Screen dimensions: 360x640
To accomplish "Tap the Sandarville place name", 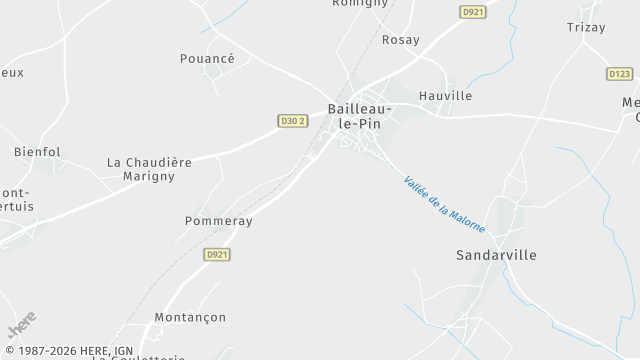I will click(x=496, y=255).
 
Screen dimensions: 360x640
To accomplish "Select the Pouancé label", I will click(x=207, y=59).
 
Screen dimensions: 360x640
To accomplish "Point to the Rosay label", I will click(x=401, y=40).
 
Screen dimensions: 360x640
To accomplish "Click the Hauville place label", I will click(x=445, y=96).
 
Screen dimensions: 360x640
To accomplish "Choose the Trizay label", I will click(x=586, y=28).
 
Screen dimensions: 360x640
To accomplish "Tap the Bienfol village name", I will click(x=37, y=152).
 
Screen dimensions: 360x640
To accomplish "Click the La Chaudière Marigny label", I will click(x=148, y=168).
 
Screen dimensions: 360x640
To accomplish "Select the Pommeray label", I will click(x=219, y=221).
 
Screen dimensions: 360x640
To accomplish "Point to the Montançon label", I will click(x=190, y=317).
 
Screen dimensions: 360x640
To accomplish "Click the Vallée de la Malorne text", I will click(x=444, y=204).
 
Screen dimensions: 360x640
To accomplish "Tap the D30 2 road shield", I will click(x=292, y=121).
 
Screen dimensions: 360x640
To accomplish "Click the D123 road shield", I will click(x=620, y=74).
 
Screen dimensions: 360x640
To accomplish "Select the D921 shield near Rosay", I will click(x=473, y=12).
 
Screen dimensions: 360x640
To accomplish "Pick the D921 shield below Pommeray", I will click(x=217, y=255).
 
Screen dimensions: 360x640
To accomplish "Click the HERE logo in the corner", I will click(x=21, y=325).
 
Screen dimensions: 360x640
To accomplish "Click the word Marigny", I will click(x=148, y=176).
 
